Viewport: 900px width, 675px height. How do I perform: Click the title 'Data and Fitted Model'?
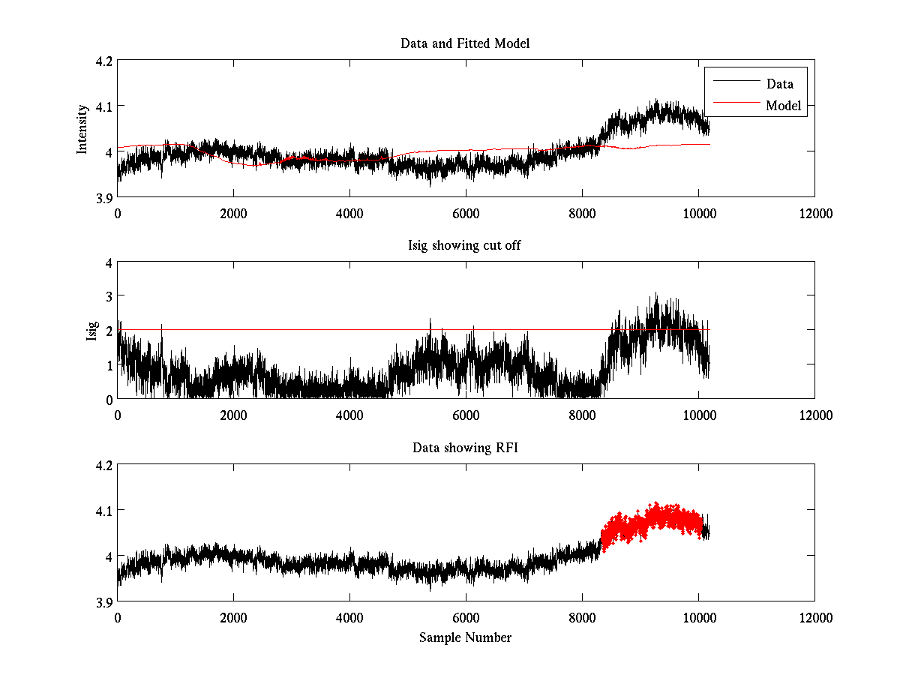[465, 43]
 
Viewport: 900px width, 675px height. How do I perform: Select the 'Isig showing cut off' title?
[465, 246]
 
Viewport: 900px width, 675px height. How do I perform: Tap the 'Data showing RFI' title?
[465, 448]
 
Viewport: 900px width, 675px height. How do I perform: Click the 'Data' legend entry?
[779, 84]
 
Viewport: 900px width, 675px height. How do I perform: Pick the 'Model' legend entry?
[783, 106]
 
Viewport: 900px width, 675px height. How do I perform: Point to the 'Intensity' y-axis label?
[82, 129]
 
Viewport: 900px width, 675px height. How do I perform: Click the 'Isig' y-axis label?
[91, 331]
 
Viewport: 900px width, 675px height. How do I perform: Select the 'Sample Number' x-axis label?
[465, 637]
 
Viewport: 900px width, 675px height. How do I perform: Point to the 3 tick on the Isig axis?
[108, 296]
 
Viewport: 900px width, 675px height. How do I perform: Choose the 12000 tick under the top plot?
[814, 214]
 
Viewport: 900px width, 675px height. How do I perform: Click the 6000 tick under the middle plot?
[466, 415]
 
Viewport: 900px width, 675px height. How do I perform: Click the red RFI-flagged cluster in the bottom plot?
[652, 525]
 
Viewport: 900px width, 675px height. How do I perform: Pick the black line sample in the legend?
[736, 81]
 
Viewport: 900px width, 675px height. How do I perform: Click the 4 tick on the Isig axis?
[108, 262]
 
